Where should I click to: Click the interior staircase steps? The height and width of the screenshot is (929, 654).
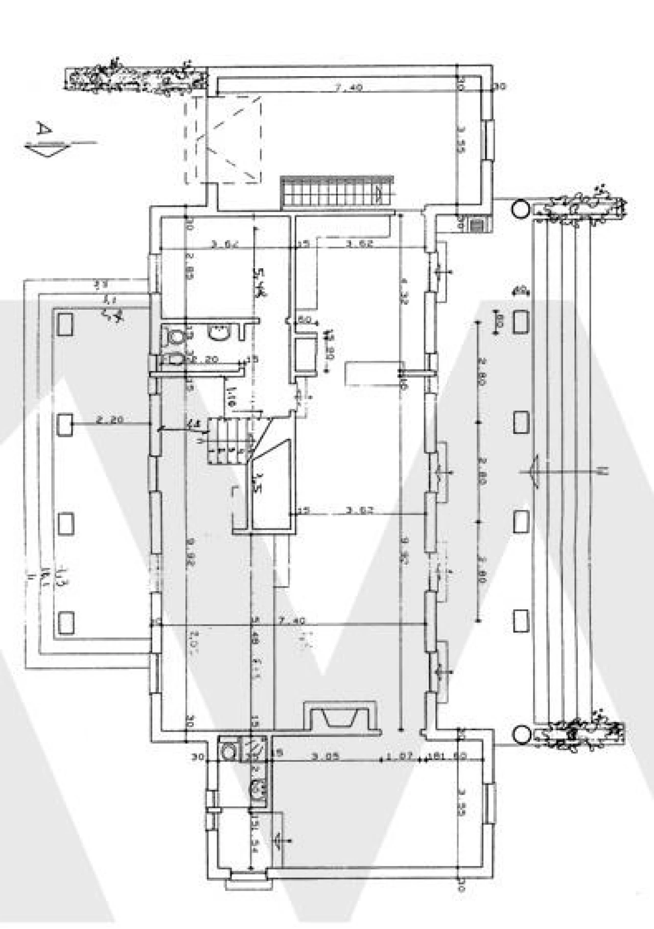point(228,440)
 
